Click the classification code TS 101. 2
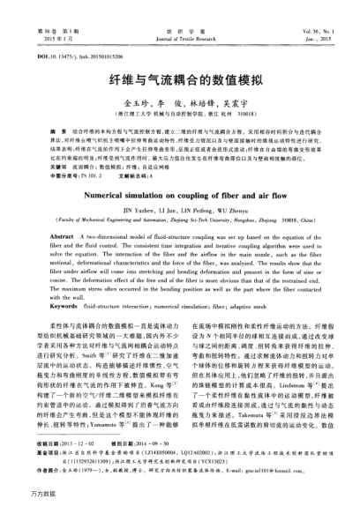pyautogui.click(x=88, y=174)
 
